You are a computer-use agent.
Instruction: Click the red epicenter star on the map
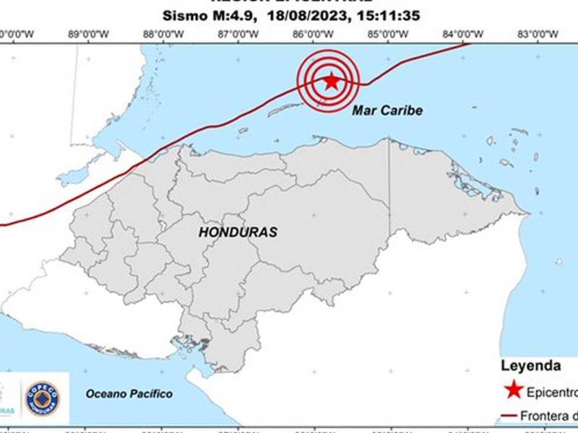331,81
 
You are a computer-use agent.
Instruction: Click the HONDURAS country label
238,232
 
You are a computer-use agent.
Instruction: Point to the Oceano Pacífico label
129,393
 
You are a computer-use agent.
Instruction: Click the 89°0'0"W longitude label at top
88,33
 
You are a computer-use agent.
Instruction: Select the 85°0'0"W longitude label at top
388,33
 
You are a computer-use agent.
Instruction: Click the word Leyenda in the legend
530,364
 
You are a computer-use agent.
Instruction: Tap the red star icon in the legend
514,390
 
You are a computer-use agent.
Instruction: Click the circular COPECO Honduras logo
43,398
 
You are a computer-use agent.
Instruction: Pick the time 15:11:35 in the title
384,15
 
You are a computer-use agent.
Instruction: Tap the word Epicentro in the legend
553,392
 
